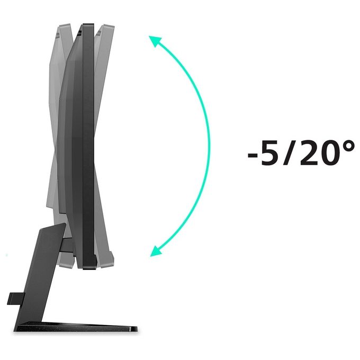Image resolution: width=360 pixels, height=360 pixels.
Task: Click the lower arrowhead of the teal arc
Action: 155,251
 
